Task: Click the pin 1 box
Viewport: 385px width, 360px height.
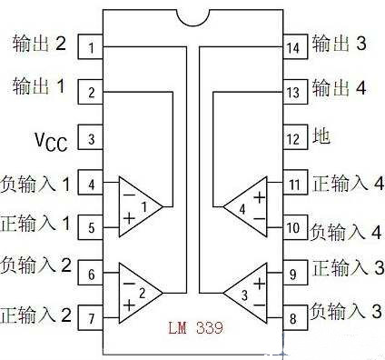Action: click(x=91, y=45)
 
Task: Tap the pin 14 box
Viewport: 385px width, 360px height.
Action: click(x=293, y=45)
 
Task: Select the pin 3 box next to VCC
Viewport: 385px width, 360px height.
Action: click(x=91, y=139)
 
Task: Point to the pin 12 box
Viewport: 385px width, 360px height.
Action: click(x=293, y=139)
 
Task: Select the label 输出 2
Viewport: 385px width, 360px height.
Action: click(x=40, y=44)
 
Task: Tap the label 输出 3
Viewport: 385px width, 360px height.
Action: click(x=341, y=44)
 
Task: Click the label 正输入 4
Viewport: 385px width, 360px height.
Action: click(x=347, y=185)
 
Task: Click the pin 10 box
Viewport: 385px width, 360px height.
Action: click(x=293, y=228)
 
